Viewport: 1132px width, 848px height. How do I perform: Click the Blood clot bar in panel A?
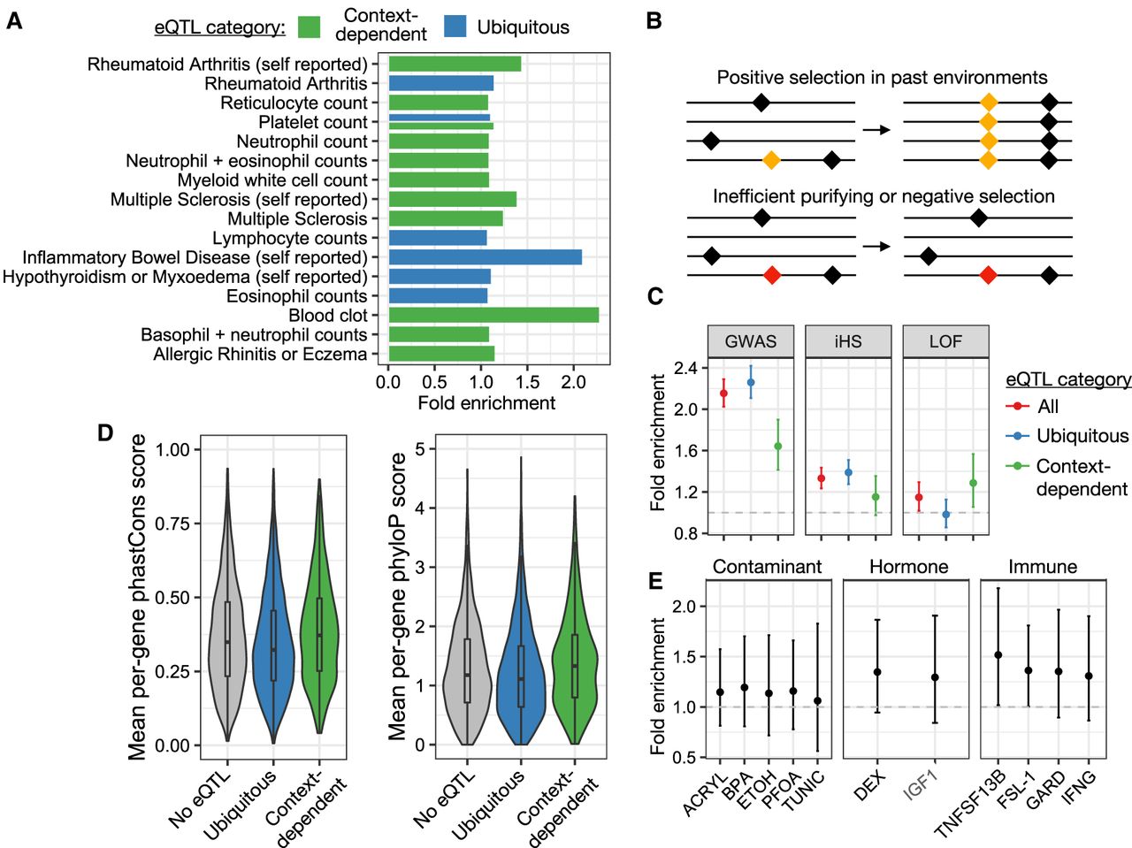pos(493,315)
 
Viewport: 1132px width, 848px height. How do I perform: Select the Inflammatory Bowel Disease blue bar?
pos(485,257)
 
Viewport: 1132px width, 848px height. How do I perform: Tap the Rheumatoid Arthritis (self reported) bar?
pos(455,64)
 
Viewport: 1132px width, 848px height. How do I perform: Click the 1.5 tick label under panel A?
pos(527,382)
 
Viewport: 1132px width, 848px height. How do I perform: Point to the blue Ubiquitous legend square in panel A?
pos(455,27)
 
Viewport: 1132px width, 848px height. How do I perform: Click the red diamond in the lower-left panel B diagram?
pos(772,276)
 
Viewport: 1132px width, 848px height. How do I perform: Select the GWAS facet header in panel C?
pos(751,341)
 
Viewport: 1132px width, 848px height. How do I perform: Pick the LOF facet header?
pos(945,341)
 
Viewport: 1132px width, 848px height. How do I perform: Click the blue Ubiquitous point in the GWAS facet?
pos(751,383)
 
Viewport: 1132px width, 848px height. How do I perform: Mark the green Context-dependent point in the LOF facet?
pos(973,483)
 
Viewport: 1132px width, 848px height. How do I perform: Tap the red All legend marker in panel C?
pos(1018,406)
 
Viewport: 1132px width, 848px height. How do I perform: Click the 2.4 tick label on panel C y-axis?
pos(685,368)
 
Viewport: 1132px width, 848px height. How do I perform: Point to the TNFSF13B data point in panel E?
pos(998,655)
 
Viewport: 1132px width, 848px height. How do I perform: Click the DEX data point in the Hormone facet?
pos(876,672)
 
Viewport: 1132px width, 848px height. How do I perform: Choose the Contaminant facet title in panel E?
pos(767,567)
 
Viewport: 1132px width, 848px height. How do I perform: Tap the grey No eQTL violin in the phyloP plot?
pos(467,672)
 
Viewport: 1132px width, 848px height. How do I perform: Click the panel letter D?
pos(105,433)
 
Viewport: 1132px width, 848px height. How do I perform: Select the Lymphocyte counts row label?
pos(289,238)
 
